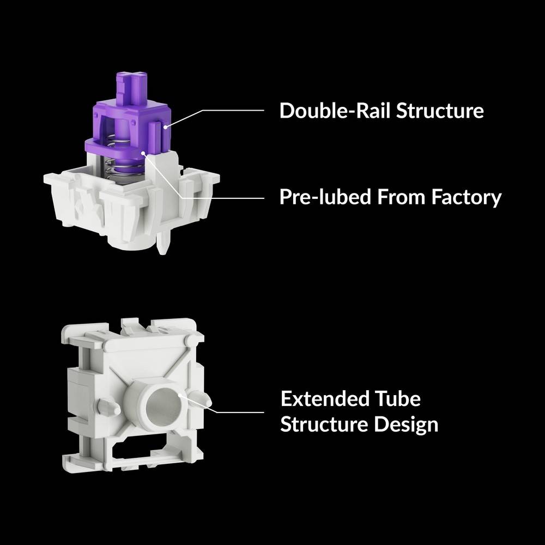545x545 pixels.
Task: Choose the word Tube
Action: pyautogui.click(x=400, y=398)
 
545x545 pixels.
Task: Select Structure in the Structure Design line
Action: pyautogui.click(x=325, y=423)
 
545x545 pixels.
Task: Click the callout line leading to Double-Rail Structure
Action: pyautogui.click(x=229, y=111)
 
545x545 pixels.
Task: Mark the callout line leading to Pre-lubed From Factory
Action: pyautogui.click(x=218, y=197)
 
